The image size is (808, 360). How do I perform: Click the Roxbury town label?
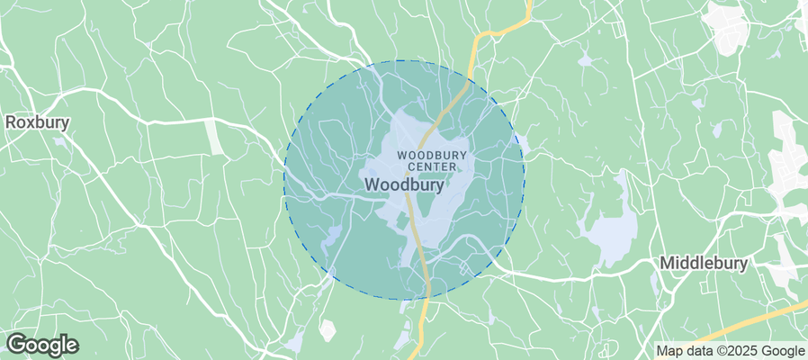(38, 121)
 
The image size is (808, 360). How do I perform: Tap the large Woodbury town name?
(404, 184)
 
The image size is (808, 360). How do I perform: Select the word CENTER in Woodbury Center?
(432, 166)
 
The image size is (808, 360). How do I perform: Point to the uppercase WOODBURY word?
(432, 155)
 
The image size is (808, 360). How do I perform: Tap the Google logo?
(41, 344)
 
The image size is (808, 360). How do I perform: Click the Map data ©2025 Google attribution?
(730, 351)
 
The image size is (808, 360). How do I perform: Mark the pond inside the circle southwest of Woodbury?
(332, 236)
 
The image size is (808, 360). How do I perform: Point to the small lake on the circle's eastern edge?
(519, 142)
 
